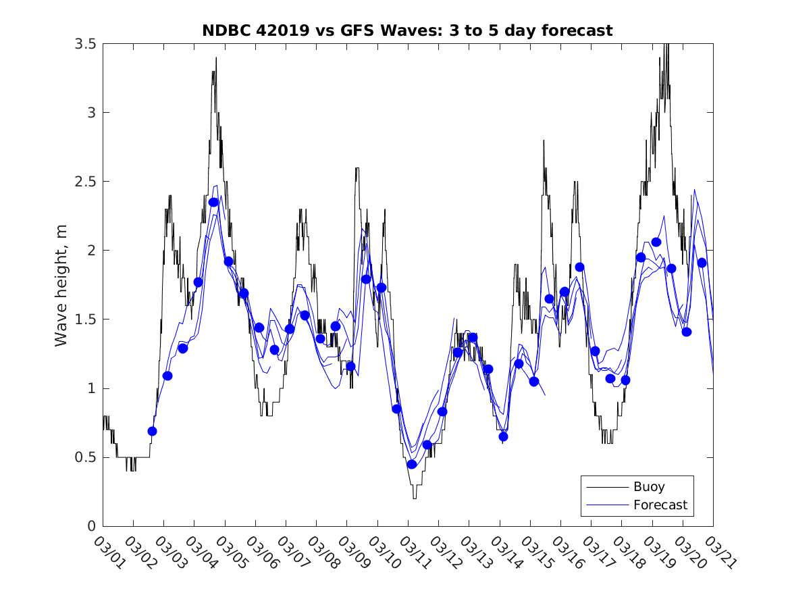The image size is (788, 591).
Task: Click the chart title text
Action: coord(407,30)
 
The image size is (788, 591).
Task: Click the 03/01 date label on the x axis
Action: coord(107,552)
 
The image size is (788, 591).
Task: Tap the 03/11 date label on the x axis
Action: coord(413,552)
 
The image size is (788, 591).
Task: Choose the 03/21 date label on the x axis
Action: coord(718,552)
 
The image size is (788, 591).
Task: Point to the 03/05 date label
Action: coord(230,552)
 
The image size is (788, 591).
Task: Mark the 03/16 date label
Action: coord(565,552)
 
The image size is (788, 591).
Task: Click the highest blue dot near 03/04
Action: coord(213,202)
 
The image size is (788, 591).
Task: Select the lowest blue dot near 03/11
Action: coord(411,464)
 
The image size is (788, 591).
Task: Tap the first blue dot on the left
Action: coord(152,431)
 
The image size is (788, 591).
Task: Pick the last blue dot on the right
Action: coord(702,263)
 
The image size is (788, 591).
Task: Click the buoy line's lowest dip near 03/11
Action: coord(415,498)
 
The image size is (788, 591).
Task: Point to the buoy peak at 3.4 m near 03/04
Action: coord(216,58)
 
